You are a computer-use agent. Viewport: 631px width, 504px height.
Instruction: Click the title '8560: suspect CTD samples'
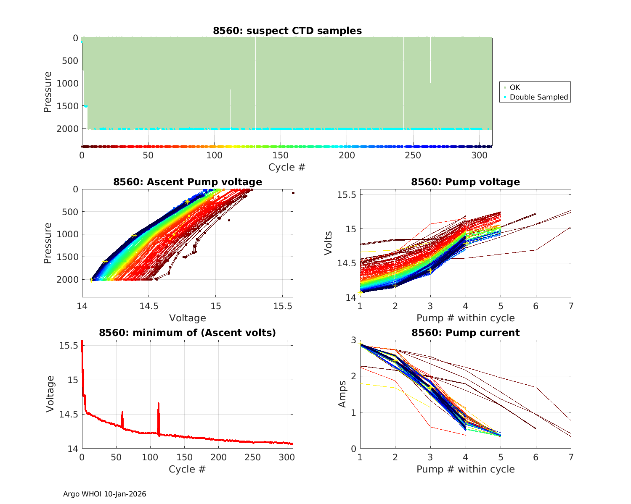(x=287, y=31)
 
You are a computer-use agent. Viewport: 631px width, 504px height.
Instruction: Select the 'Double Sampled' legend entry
(x=539, y=97)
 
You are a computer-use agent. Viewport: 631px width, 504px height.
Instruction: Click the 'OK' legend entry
(x=515, y=87)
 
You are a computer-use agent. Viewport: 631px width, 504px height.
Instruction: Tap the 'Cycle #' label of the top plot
(x=287, y=167)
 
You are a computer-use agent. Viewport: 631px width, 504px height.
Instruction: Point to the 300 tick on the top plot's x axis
(x=480, y=155)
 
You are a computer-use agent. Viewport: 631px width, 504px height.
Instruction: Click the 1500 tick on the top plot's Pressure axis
(x=67, y=106)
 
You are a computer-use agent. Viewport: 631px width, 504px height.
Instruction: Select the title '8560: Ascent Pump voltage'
(x=188, y=182)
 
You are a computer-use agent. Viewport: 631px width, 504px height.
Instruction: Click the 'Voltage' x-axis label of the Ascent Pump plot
(x=188, y=318)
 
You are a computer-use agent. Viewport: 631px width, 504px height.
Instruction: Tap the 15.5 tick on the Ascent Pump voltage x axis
(x=283, y=306)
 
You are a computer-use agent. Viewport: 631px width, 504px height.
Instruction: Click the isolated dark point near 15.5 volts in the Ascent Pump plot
(x=293, y=193)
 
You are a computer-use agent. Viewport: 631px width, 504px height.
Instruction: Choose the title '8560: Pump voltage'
(x=465, y=182)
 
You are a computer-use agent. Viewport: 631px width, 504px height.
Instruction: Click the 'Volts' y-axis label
(x=329, y=243)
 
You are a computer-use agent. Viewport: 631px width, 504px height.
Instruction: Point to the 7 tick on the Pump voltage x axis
(x=571, y=306)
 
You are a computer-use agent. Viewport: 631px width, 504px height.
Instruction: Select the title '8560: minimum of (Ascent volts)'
(x=188, y=333)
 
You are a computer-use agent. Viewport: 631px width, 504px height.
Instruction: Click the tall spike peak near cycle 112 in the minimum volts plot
(x=159, y=404)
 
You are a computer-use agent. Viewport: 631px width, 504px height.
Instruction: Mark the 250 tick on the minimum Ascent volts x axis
(x=253, y=457)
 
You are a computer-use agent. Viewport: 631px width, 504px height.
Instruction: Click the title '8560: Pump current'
(x=465, y=333)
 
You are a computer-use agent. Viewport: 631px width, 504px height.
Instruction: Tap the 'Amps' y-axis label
(x=342, y=394)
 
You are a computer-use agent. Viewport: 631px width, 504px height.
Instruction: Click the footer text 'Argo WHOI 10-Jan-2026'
(x=105, y=494)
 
